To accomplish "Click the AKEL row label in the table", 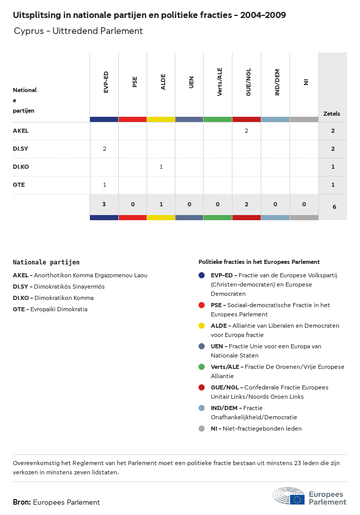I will pyautogui.click(x=21, y=131).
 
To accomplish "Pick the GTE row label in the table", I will pyautogui.click(x=19, y=185).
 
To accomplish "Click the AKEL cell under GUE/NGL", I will pyautogui.click(x=246, y=131).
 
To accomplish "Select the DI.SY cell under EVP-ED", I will pyautogui.click(x=104, y=149).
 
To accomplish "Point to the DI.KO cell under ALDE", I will pyautogui.click(x=161, y=167).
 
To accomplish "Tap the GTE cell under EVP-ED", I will pyautogui.click(x=104, y=185).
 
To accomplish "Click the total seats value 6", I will pyautogui.click(x=334, y=207).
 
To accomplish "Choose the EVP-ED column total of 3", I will pyautogui.click(x=104, y=205).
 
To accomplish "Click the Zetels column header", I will pyautogui.click(x=332, y=114).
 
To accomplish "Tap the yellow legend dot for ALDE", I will pyautogui.click(x=202, y=326).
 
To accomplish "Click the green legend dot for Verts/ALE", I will pyautogui.click(x=202, y=367).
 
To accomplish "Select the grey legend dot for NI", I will pyautogui.click(x=202, y=429).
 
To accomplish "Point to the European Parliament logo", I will pyautogui.click(x=310, y=496).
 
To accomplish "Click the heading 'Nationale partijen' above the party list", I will pyautogui.click(x=46, y=262).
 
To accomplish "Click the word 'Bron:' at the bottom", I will pyautogui.click(x=22, y=502).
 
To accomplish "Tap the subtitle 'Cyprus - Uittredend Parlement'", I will pyautogui.click(x=78, y=31).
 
